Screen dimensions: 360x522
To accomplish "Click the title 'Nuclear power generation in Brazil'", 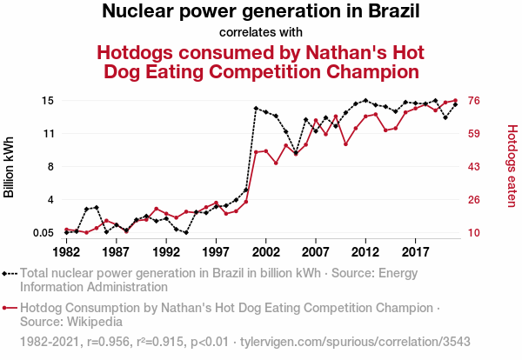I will [261, 12].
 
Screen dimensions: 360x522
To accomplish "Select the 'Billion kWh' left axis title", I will [10, 166].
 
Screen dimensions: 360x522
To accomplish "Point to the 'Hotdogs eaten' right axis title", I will [512, 166].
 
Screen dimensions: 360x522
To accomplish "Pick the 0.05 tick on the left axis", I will [43, 232].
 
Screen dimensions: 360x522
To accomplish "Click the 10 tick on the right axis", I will [476, 232].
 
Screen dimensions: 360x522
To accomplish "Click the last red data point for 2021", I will [455, 101].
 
